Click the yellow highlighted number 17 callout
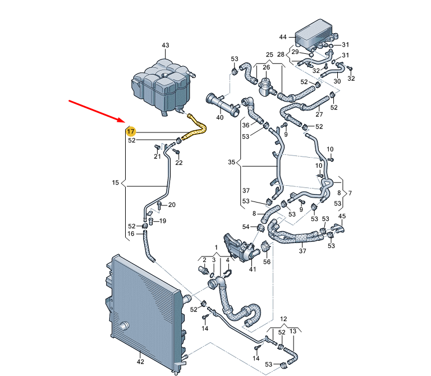131,132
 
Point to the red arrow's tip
125,122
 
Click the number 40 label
220,117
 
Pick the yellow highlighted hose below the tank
196,129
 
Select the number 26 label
267,67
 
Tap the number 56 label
267,262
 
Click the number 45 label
342,216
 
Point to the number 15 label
116,182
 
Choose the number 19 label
163,221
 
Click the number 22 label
179,163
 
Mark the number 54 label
246,227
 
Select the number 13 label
293,331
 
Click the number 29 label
295,52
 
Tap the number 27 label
319,114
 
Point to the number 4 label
228,260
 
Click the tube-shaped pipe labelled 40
223,104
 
